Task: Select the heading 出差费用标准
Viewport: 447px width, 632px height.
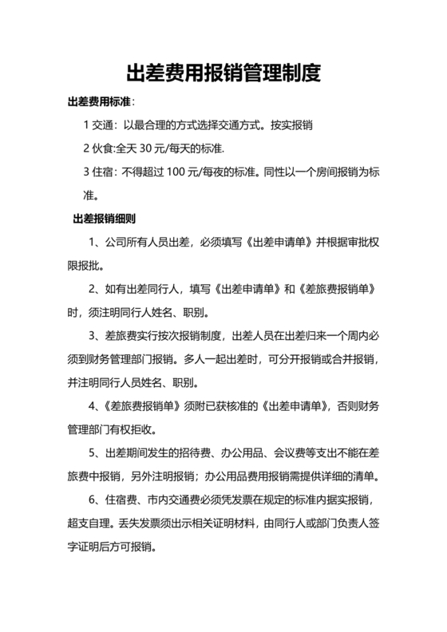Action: (99, 103)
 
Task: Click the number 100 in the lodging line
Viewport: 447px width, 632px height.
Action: (180, 172)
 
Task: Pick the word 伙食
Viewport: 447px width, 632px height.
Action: (105, 148)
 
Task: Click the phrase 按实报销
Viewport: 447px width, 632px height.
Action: (291, 125)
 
